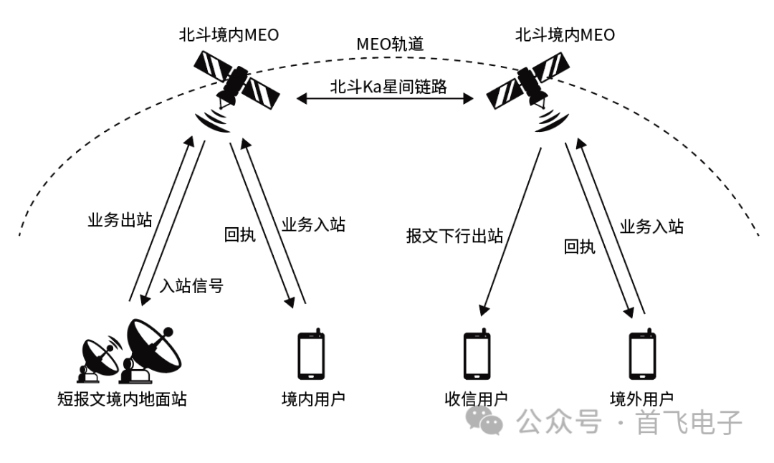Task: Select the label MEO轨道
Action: [391, 44]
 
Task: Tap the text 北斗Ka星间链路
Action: [388, 87]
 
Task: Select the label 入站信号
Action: [191, 286]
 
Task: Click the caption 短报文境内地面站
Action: [121, 398]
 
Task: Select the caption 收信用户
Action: [477, 398]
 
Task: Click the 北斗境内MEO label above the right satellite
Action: [565, 34]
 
